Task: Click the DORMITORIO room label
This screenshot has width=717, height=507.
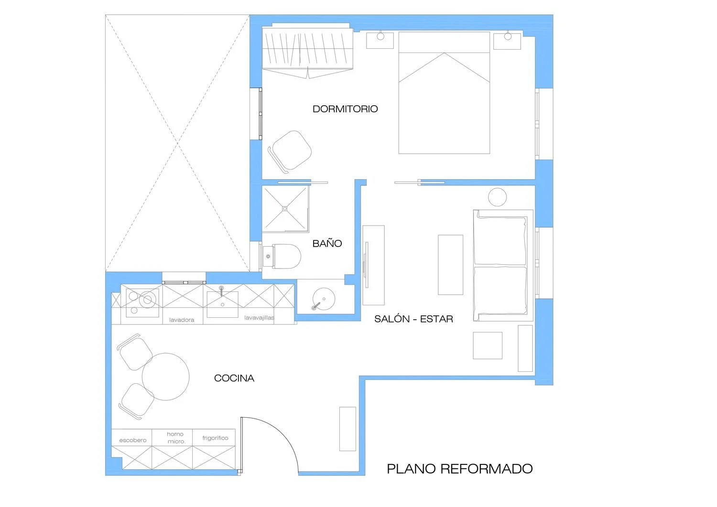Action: coord(345,109)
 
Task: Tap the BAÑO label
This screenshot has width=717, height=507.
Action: coord(327,244)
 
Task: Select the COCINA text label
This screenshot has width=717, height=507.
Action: coord(234,378)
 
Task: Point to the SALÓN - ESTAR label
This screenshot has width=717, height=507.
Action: coord(413,319)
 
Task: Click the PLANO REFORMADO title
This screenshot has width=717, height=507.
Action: coord(460,469)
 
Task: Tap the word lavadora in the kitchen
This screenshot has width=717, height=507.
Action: coord(182,320)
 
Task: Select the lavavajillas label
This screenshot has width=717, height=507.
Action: coord(259,317)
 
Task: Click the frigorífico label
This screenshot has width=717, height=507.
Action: coord(215,438)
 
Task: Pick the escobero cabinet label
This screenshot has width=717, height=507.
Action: coord(132,441)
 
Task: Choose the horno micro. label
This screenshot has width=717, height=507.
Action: coord(176,438)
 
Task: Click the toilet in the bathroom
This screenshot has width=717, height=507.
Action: coord(282,257)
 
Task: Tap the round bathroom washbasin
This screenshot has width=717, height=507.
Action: coord(324,299)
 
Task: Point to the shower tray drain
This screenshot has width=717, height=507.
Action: coord(285,209)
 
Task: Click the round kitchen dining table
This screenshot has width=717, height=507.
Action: coord(165,377)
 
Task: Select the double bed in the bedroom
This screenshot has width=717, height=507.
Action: coord(444,93)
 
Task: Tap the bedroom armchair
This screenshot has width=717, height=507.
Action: coord(290,151)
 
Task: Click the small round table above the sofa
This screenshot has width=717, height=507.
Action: coord(497,197)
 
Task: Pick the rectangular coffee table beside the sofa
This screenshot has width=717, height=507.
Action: coord(450,265)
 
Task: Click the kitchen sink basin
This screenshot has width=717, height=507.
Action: coord(222,304)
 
